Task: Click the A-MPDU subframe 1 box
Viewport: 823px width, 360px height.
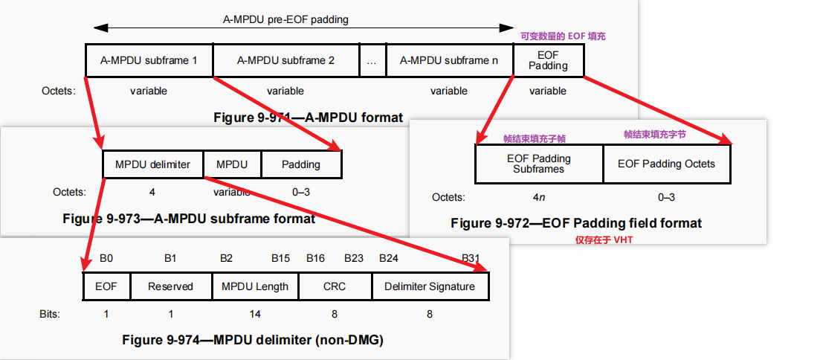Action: coord(149,60)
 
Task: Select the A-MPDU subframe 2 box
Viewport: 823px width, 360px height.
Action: coord(285,60)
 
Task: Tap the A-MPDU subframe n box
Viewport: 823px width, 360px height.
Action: coord(449,60)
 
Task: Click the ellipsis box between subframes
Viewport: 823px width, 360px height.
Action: coord(372,60)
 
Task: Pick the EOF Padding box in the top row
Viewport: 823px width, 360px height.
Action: coord(548,60)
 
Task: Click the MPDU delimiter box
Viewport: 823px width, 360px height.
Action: coord(152,164)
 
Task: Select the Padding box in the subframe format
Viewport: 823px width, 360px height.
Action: coord(300,164)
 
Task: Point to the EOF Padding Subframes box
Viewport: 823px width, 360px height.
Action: coord(538,164)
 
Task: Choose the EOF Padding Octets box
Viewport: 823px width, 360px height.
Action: coord(666,164)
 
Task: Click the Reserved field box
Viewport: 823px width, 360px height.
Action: coord(170,286)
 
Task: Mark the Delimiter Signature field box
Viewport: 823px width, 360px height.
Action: coord(429,286)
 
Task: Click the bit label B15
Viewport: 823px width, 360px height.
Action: coord(281,259)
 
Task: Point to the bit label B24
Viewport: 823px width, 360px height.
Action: coord(390,259)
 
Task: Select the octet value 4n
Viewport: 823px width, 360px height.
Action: coord(538,197)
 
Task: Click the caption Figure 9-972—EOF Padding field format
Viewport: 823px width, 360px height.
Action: coord(576,223)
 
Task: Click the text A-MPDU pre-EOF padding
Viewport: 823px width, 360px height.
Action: coord(285,20)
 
